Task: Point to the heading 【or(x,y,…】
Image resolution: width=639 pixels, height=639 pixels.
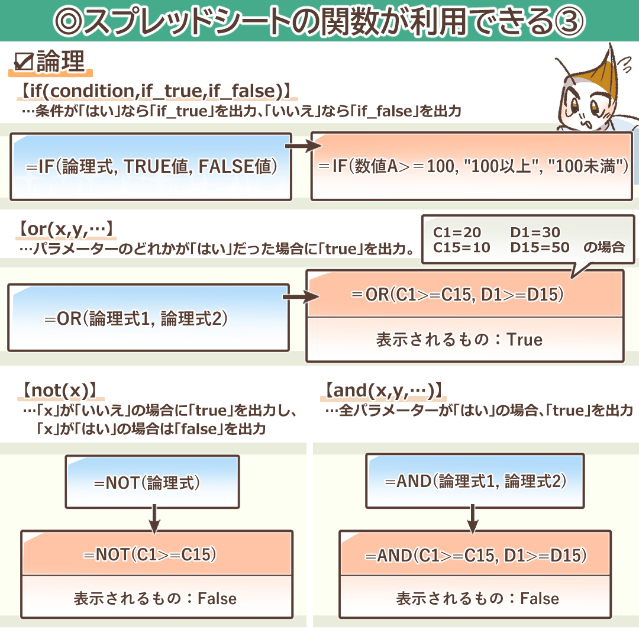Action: tap(66, 228)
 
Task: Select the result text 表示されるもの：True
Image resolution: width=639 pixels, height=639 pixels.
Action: tap(459, 340)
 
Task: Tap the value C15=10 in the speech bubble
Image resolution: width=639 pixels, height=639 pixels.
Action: tap(461, 248)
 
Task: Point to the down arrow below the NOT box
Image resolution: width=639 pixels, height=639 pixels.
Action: tap(154, 518)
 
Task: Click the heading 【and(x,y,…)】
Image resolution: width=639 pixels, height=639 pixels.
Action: tap(384, 391)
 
